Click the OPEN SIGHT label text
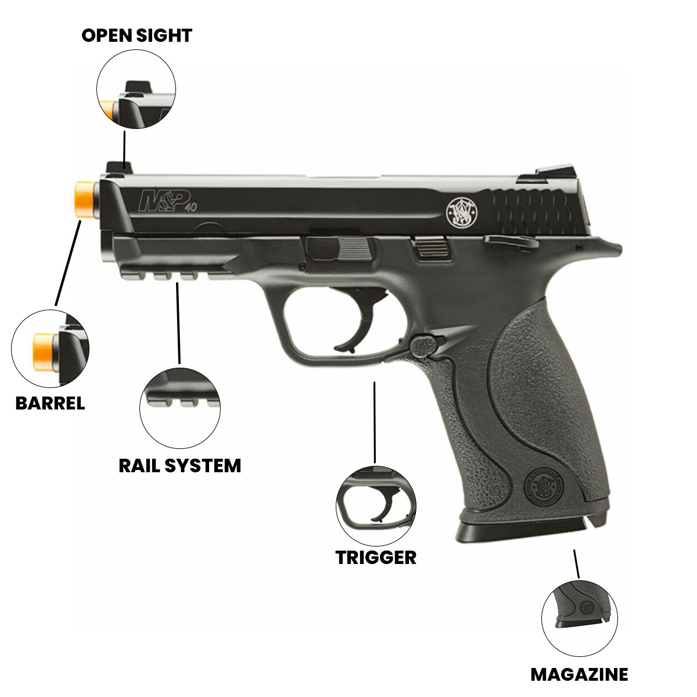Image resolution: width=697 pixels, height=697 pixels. point(136,35)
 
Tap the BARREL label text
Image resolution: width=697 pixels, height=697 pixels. point(50,403)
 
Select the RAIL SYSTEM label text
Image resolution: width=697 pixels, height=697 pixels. point(179,465)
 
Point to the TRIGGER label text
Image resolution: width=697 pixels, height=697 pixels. point(376,557)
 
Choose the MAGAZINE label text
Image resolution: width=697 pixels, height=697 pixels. point(579,674)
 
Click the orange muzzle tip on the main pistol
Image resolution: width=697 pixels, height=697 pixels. point(85,199)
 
